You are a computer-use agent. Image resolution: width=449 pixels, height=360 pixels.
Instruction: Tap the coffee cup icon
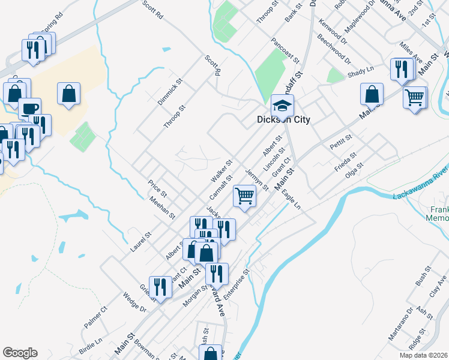tap(29, 109)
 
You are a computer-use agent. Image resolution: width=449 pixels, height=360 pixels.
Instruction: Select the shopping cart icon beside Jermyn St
tap(244, 195)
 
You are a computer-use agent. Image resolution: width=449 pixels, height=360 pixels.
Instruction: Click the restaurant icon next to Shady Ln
tap(400, 68)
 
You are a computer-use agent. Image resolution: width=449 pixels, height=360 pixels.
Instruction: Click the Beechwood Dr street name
tap(334, 52)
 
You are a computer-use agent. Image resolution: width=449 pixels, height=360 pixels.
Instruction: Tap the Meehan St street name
tap(162, 208)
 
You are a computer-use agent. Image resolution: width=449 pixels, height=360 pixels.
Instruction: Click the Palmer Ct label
tap(95, 317)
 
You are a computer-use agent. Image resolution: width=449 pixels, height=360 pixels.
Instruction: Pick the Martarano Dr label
tap(400, 324)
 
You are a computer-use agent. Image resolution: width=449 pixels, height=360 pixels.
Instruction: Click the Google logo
tap(20, 353)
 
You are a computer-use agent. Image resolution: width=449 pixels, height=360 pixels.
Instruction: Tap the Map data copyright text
tap(423, 355)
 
